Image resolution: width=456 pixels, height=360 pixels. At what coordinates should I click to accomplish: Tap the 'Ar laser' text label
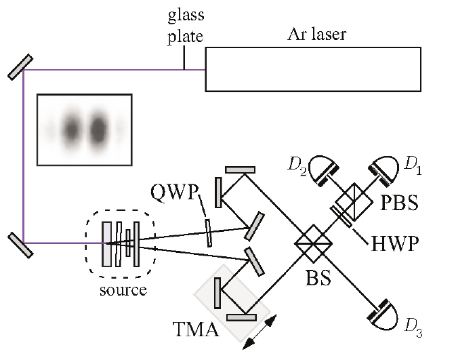pos(316,35)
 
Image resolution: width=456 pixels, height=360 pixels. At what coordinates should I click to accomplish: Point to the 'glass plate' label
pos(186,26)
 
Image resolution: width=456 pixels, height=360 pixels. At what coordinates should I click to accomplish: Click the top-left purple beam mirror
pos(20,67)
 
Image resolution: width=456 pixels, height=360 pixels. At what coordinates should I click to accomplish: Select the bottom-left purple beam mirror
pos(20,245)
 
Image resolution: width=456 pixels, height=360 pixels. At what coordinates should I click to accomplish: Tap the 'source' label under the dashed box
pos(123,290)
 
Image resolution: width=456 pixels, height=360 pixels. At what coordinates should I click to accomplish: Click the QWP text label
pos(174,192)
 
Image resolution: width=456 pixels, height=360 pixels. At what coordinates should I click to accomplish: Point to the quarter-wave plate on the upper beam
pos(208,233)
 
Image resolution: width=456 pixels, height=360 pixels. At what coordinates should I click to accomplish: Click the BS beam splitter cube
pos(313,243)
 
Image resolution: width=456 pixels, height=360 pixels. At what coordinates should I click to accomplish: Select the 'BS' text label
pos(318,278)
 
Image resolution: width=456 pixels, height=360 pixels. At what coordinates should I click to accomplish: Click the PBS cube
pos(354,201)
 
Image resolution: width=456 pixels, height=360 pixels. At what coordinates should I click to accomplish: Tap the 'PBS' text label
pos(399,203)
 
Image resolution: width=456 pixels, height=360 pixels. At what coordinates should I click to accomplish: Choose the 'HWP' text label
pos(395,243)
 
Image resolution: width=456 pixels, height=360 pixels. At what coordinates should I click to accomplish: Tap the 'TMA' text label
pos(196,329)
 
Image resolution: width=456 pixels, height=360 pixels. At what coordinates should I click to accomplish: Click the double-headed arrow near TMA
pos(260,332)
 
